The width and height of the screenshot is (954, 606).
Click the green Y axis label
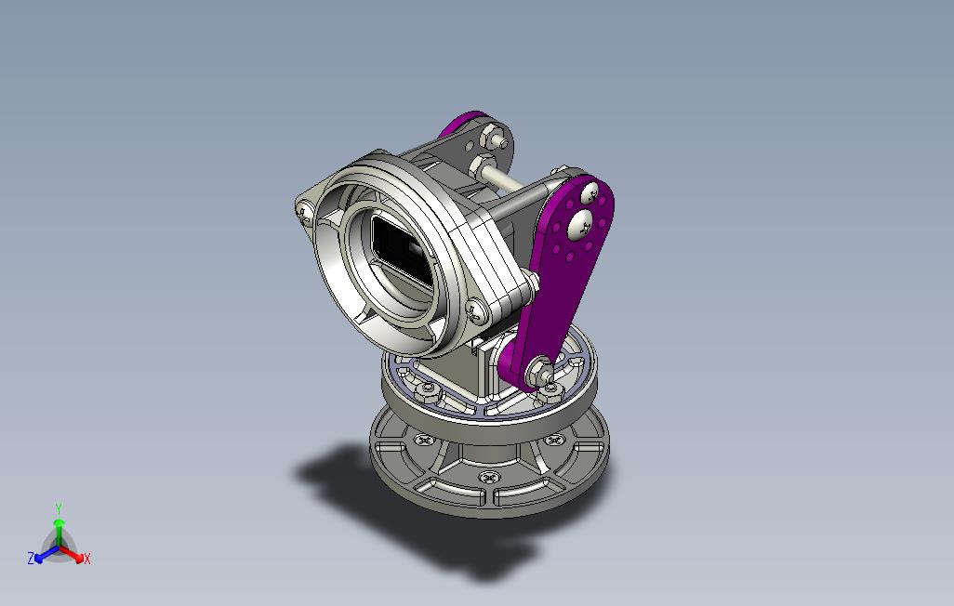59,508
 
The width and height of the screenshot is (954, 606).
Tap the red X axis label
87,559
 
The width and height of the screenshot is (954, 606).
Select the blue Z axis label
31,558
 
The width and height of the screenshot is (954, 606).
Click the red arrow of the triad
72,554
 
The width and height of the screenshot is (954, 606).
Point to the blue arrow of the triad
46,554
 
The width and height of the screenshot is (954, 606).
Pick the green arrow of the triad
59,534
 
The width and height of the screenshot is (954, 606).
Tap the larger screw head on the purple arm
580,224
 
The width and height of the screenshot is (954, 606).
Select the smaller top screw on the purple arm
590,194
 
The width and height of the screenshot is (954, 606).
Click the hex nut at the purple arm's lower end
539,370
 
